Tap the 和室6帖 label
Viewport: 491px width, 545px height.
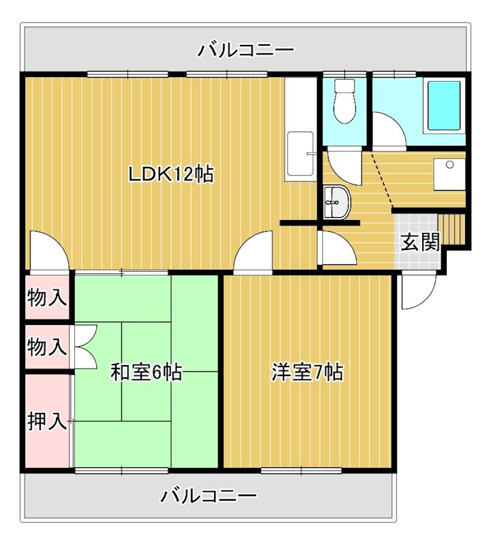146,373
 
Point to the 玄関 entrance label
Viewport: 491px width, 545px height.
419,243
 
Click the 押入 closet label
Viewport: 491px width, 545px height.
47,422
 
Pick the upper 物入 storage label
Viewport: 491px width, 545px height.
47,297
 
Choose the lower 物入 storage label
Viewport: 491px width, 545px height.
47,347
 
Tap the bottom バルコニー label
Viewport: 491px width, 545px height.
209,495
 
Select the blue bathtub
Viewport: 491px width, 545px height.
443,106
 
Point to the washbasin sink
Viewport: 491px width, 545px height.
336,203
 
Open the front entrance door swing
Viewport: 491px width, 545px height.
415,292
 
